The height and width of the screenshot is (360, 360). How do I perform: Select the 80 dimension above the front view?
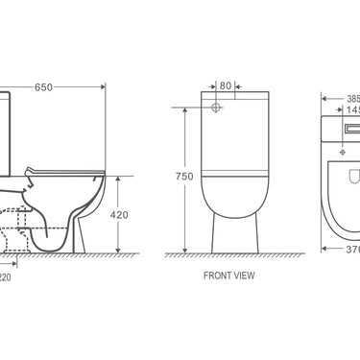[x=226, y=84]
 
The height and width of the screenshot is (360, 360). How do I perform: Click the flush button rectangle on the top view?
[x=348, y=128]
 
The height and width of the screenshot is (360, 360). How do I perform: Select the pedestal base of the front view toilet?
[x=229, y=235]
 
